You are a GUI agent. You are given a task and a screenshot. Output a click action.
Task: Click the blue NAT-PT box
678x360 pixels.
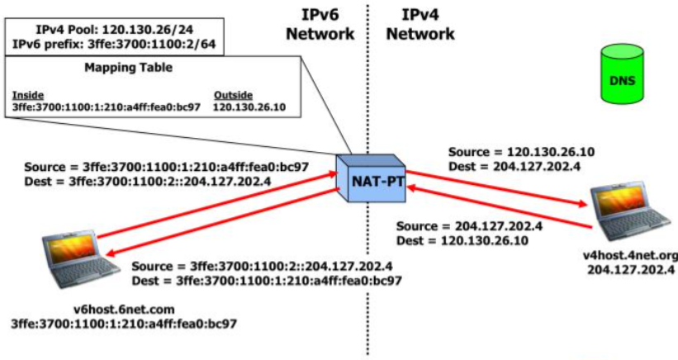tap(369, 177)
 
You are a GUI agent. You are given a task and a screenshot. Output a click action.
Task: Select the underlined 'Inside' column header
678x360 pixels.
tap(28, 95)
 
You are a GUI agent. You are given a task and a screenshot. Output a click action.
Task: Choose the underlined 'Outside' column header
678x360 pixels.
tap(232, 95)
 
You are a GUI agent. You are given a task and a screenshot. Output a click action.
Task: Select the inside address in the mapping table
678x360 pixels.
tap(101, 107)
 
